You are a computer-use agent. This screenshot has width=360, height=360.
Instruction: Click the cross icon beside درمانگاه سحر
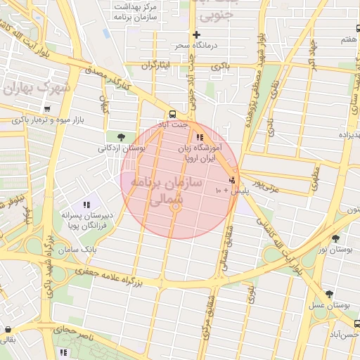point(196,34)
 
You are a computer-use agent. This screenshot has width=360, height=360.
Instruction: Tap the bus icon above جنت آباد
point(172,114)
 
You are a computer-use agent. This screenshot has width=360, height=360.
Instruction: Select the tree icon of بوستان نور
point(335,238)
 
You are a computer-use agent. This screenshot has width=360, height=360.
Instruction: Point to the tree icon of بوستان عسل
point(329,294)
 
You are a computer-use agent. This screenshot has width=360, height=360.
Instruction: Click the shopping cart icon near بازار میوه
point(46,109)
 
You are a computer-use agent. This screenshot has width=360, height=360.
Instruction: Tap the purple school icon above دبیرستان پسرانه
point(87,204)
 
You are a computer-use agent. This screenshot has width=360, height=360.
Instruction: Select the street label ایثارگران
point(155,65)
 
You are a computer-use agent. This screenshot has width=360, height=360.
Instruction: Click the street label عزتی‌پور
point(267,186)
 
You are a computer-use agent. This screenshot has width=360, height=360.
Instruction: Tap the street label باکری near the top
point(220,65)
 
